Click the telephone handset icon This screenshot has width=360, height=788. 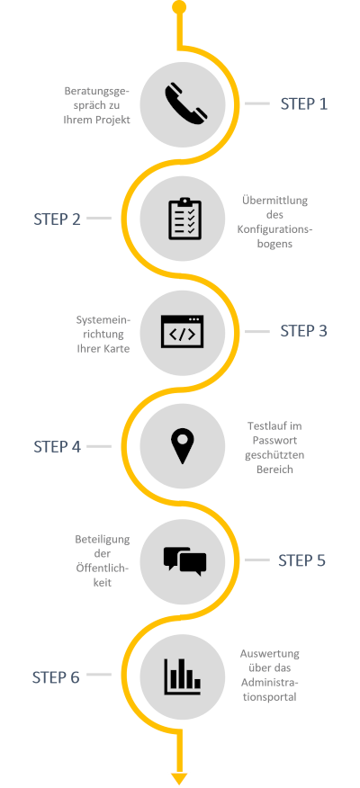tap(186, 103)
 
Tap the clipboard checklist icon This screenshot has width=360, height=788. tap(184, 219)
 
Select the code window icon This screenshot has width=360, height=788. tap(182, 332)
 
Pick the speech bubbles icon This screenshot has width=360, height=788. tap(184, 560)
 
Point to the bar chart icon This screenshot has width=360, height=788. tap(182, 676)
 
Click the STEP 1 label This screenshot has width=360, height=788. tap(303, 104)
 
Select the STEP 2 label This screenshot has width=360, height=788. tap(57, 219)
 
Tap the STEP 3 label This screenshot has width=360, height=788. tap(303, 331)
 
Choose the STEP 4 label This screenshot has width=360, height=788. tap(57, 447)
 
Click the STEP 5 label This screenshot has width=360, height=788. tap(301, 560)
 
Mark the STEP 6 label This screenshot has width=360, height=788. tap(56, 677)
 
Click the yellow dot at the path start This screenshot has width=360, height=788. tap(179, 7)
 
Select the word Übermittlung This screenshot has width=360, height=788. tap(274, 201)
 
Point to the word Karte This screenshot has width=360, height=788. tap(117, 348)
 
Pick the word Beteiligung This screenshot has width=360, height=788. tap(102, 541)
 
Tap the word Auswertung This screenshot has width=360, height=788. tap(269, 654)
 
